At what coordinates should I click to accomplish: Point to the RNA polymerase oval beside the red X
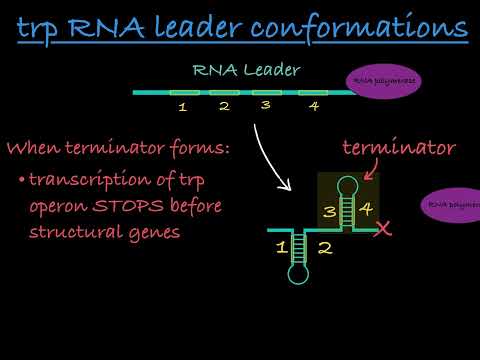pos(453,205)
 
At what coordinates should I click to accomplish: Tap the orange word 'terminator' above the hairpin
pos(399,148)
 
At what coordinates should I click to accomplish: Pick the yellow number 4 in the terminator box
pos(365,211)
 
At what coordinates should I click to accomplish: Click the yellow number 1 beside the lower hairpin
pos(281,246)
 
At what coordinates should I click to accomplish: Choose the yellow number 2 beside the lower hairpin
pos(324,247)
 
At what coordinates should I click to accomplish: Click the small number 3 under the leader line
pos(265,104)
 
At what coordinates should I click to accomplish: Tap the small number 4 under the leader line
pos(314,105)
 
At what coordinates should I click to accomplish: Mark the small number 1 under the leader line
pos(182,105)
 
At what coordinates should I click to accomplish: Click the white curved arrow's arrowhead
pos(286,186)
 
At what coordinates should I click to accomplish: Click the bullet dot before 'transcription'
pos(21,181)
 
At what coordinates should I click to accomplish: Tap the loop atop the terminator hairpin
pos(349,185)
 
